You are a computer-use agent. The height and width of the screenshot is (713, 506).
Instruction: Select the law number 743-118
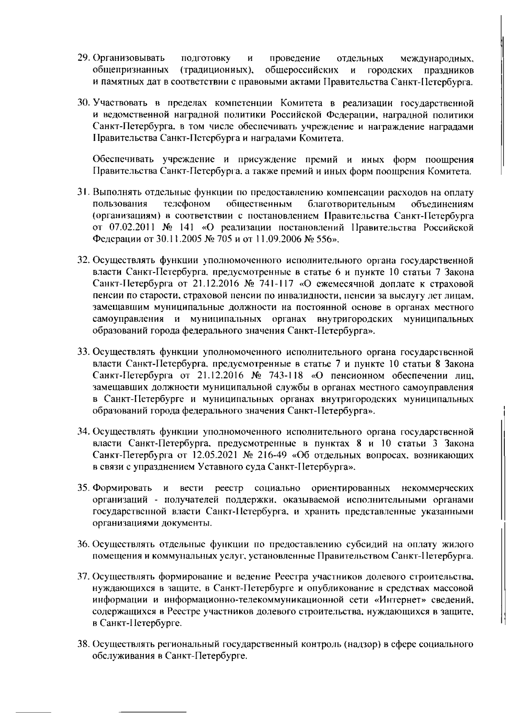[x=287, y=375]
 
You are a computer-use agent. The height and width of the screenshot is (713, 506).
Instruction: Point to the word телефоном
[x=186, y=204]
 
